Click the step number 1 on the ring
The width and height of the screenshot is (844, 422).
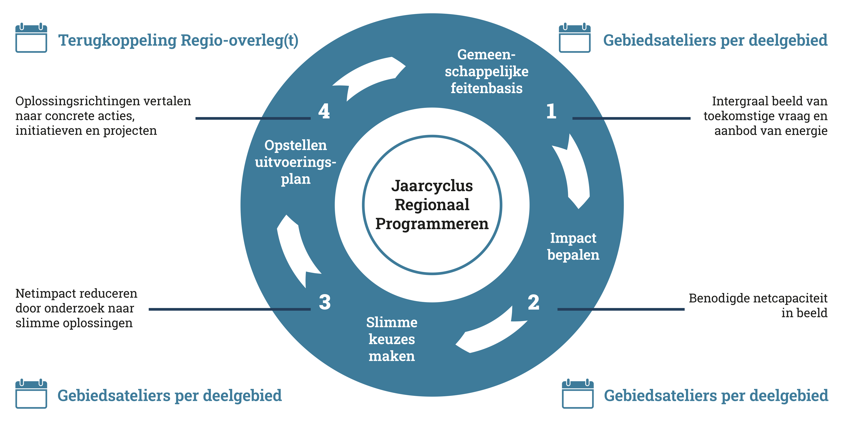551,111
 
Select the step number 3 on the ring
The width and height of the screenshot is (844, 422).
325,302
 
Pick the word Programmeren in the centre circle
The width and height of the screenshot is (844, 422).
432,224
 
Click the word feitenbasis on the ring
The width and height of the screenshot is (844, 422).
487,88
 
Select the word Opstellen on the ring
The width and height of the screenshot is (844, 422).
296,145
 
